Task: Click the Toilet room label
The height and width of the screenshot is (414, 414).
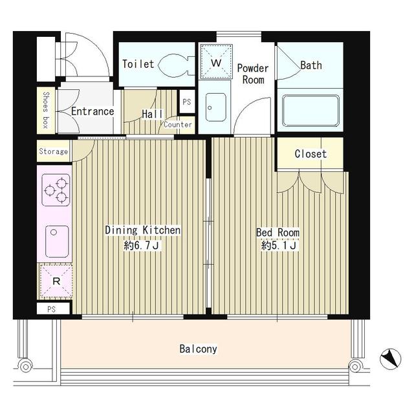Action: coord(138,64)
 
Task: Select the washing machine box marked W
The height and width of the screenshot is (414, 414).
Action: coord(216,62)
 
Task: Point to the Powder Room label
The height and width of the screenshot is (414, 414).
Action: coord(253,74)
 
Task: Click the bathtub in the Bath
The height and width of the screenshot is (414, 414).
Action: coord(310,111)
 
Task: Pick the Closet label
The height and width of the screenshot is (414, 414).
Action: coord(310,154)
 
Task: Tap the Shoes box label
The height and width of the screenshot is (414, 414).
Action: coord(46,110)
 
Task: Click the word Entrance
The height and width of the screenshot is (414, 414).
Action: coord(93,111)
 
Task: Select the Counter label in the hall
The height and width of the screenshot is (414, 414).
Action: coord(178,125)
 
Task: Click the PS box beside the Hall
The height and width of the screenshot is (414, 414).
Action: coord(187,102)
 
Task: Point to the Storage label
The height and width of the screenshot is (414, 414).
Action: coord(53,151)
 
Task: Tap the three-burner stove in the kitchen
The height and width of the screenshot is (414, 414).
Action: coord(56,190)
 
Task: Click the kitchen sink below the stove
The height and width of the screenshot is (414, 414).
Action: coord(57,241)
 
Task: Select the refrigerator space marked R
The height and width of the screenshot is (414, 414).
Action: coord(56,281)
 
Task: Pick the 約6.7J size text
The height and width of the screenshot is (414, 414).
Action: coord(141,246)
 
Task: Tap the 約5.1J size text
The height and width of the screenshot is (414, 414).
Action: coord(279,246)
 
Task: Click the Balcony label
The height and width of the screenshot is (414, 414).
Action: coord(199,349)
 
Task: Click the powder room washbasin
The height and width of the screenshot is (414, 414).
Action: coord(215,107)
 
